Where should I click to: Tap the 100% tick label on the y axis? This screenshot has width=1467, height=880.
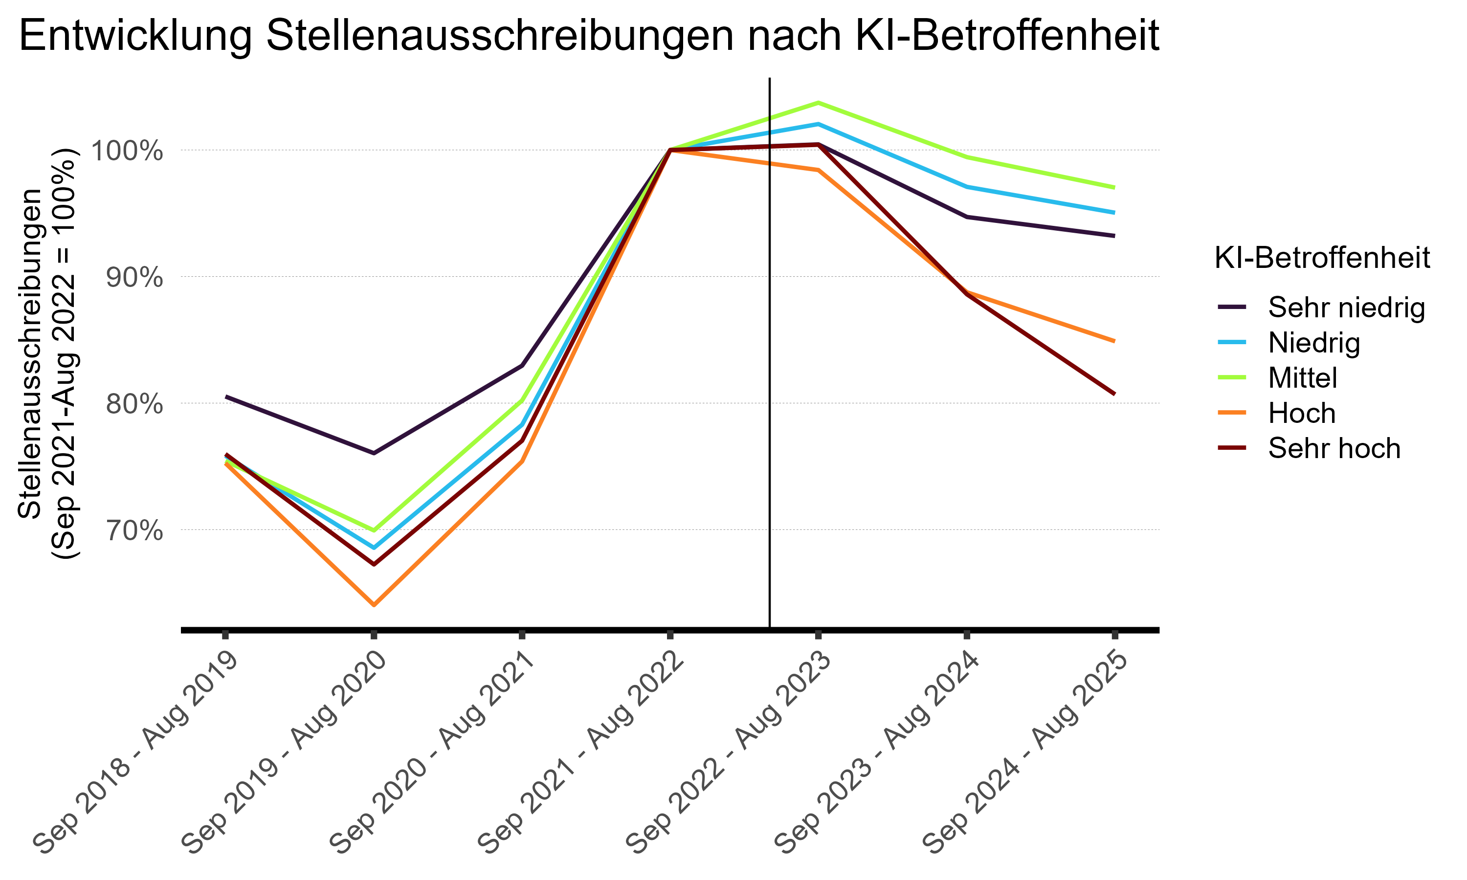[126, 151]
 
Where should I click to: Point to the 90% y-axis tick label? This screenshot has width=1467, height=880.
[134, 278]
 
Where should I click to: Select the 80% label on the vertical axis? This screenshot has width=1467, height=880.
[134, 404]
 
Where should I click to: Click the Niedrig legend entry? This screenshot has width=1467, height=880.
[1314, 342]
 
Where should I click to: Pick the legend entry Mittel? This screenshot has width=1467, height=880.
[1303, 378]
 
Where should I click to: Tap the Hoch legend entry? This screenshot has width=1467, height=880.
[1302, 413]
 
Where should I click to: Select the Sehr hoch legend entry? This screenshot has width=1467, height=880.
[1334, 448]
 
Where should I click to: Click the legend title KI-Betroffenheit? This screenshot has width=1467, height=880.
[1322, 258]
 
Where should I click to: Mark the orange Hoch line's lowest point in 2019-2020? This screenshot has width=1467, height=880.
[374, 605]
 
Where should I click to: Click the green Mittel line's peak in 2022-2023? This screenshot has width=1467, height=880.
[818, 103]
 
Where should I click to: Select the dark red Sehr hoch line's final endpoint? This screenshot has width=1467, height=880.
[1114, 394]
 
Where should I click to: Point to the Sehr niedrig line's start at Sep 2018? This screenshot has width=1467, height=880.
[226, 396]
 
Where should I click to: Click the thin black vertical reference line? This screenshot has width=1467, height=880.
[770, 356]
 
